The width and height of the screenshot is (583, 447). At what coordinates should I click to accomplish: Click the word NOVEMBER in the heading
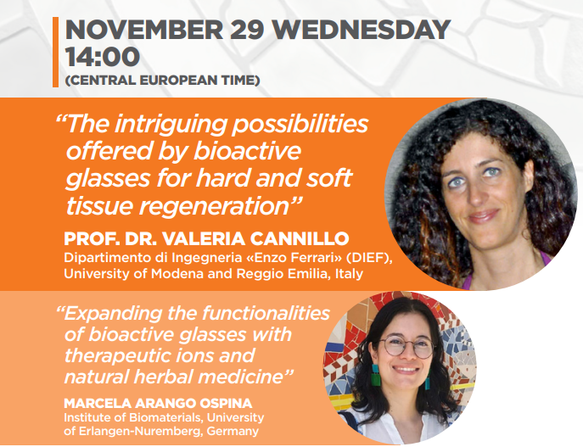(x=144, y=30)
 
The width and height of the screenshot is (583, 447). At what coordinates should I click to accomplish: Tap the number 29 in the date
(x=248, y=30)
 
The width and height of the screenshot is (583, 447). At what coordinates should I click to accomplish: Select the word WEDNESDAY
(x=362, y=30)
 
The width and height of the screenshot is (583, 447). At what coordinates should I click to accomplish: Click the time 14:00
(x=103, y=57)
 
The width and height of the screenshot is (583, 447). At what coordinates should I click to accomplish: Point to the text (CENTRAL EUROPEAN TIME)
(x=162, y=81)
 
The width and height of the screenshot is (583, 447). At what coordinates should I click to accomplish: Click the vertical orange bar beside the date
(x=55, y=52)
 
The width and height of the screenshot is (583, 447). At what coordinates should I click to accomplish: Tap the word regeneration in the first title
(x=215, y=207)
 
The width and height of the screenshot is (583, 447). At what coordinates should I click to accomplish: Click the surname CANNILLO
(x=300, y=238)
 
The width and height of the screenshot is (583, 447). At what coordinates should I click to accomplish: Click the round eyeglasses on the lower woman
(x=407, y=347)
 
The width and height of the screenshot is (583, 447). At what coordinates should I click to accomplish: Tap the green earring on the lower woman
(x=376, y=375)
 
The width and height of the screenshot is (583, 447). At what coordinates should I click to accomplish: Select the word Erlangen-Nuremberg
(x=138, y=432)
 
